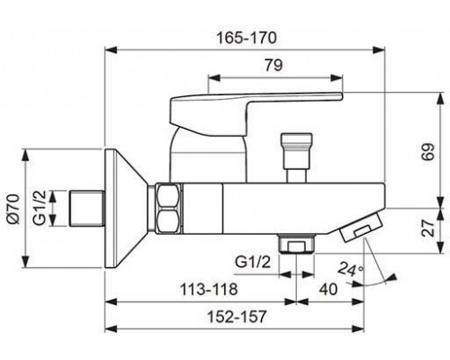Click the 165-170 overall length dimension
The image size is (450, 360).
247,38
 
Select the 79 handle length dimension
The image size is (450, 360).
274,65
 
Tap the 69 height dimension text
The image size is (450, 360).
428,152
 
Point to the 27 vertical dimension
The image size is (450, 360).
428,228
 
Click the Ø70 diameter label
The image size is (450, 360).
13,209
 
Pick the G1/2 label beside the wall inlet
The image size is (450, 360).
40,208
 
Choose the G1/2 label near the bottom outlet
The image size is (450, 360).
253,262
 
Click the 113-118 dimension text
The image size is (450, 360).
209,290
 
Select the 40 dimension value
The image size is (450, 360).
328,290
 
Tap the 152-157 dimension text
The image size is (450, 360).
237,317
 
